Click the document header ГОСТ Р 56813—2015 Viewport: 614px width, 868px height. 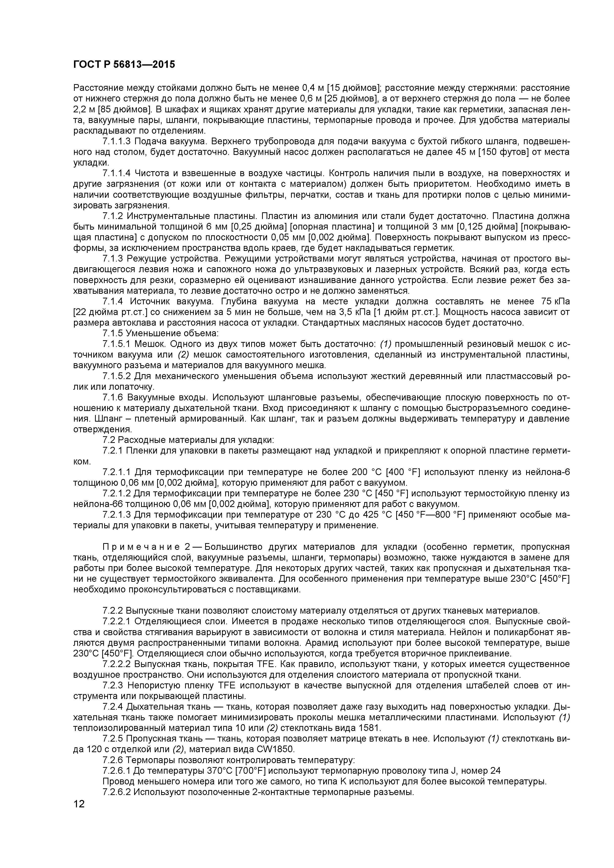point(124,65)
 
